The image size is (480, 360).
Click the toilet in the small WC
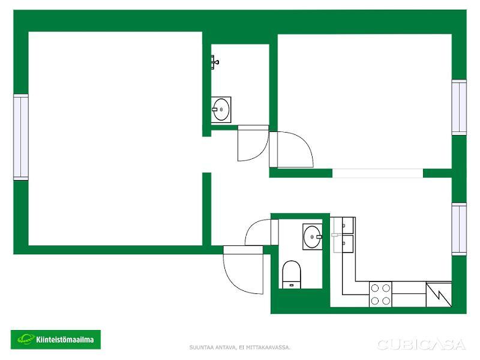click(291, 274)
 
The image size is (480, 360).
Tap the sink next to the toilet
click(312, 236)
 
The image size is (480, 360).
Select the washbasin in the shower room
click(221, 110)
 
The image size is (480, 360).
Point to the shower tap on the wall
click(215, 62)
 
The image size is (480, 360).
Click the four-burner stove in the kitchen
click(380, 294)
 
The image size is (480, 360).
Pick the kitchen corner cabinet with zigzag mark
click(439, 294)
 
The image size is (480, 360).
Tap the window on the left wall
click(21, 137)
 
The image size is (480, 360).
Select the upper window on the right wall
click(459, 107)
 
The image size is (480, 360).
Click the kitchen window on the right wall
click(459, 229)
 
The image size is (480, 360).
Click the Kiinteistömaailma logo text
click(65, 340)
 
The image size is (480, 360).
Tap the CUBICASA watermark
click(422, 344)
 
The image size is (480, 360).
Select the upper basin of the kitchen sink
click(348, 226)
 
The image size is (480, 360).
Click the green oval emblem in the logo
click(26, 339)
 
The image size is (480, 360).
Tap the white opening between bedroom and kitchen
click(378, 173)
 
